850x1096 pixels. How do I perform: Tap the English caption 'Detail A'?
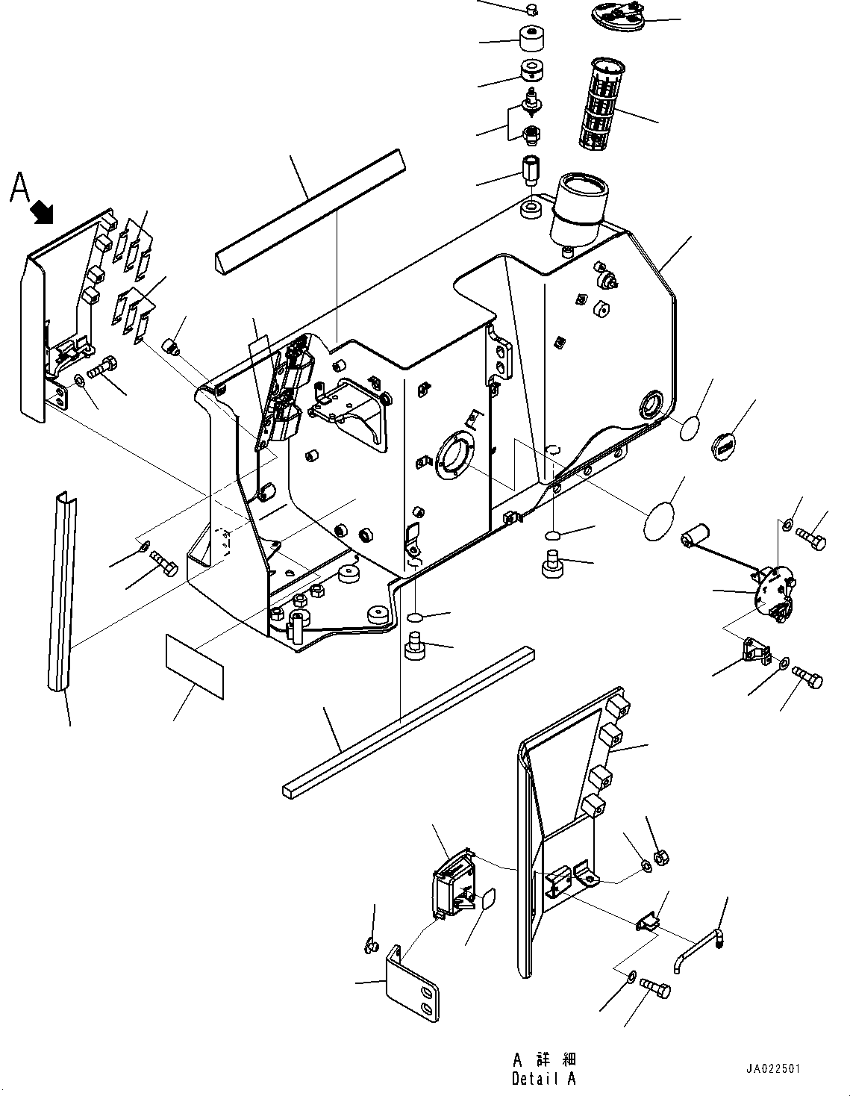(544, 1079)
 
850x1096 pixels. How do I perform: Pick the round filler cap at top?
(616, 16)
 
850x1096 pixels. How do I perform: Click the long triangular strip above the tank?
(308, 211)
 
